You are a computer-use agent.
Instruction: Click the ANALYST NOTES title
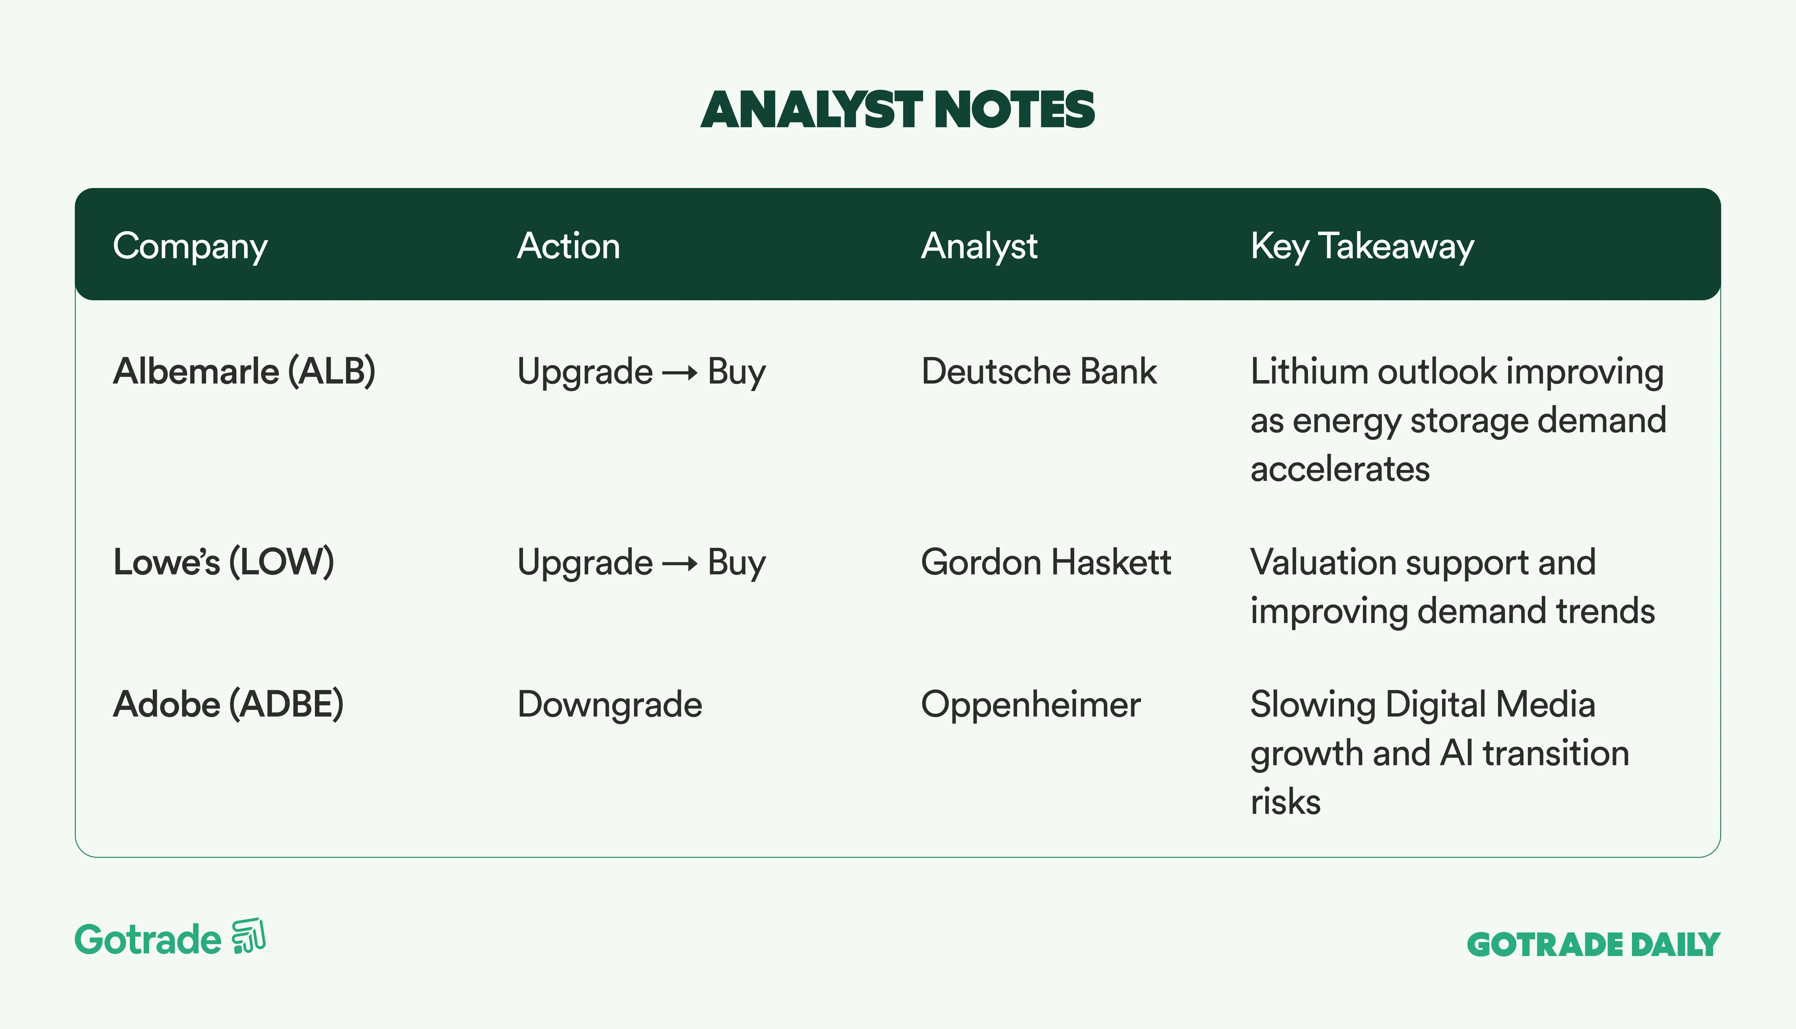pyautogui.click(x=897, y=110)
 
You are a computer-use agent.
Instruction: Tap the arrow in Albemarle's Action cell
pyautogui.click(x=680, y=372)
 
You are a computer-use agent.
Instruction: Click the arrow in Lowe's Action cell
pyautogui.click(x=680, y=563)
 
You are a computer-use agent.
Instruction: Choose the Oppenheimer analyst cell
pyautogui.click(x=1030, y=705)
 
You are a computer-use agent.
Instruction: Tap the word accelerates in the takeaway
pyautogui.click(x=1340, y=469)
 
